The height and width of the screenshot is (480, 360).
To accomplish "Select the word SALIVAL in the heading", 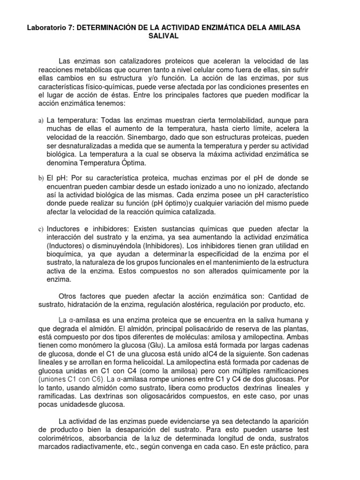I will point(164,37).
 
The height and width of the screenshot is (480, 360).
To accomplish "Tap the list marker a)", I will point(40,121).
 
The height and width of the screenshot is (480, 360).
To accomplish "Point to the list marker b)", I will point(40,179).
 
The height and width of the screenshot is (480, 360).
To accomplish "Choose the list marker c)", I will point(40,229).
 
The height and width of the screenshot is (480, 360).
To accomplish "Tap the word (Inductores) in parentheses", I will point(67,245).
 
